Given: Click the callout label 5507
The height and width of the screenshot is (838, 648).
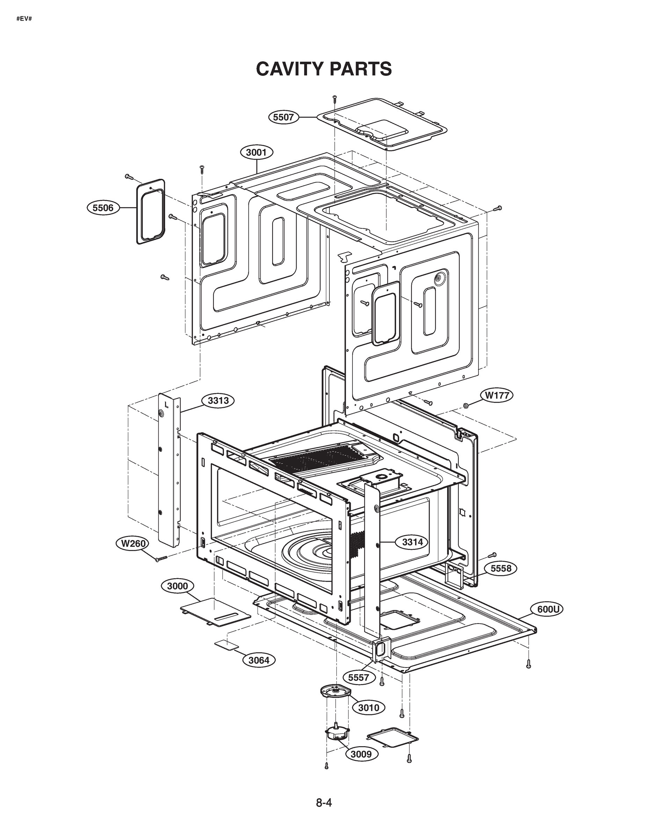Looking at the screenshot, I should (x=283, y=117).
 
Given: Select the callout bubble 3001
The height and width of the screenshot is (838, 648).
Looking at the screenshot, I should (x=256, y=152).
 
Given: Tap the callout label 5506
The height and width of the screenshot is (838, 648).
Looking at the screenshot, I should (x=103, y=208).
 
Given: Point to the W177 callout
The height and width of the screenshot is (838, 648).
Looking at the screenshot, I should (x=497, y=395).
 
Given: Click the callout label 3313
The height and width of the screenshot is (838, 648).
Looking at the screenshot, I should (x=218, y=400).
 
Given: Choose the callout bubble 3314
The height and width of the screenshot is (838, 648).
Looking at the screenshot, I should (x=412, y=542).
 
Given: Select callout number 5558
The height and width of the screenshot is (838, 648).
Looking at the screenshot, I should (x=501, y=568).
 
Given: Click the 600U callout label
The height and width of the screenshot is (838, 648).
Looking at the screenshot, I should (x=547, y=609).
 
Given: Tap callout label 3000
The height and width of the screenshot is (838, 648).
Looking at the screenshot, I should (x=177, y=586).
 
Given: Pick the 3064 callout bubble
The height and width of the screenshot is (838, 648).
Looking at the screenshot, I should (x=259, y=660).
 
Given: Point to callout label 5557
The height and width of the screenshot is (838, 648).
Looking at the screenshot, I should (x=358, y=677).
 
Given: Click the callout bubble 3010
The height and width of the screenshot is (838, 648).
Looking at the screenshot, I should (x=369, y=707).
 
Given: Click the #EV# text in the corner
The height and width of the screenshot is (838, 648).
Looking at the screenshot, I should (x=24, y=18).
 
